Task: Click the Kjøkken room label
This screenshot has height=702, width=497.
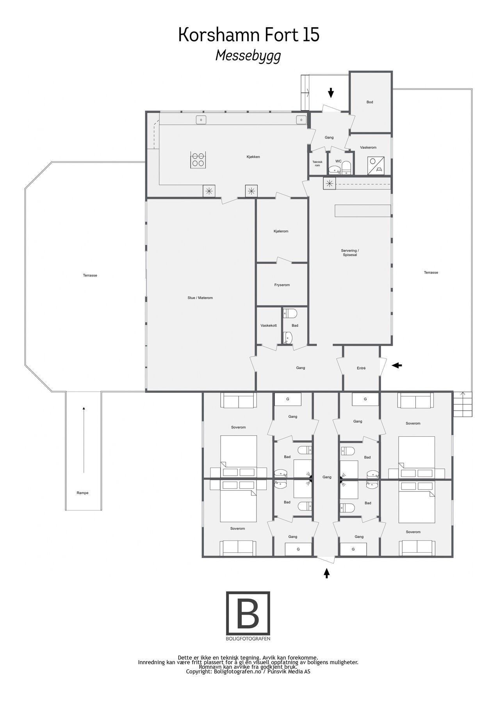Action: point(253,157)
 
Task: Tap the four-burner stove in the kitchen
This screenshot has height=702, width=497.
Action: point(198,160)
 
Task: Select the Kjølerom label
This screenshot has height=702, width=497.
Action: point(281,231)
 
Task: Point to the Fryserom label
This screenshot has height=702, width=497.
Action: point(282,285)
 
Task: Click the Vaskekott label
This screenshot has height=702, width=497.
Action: point(269,326)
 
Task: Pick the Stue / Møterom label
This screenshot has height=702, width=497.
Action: point(200,298)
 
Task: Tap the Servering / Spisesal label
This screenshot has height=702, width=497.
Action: point(349,253)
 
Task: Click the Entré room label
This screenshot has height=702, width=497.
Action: point(361,368)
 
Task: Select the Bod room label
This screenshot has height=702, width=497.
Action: point(370,102)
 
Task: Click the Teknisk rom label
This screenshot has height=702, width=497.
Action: point(317,163)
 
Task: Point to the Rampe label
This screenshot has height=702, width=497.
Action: point(82,493)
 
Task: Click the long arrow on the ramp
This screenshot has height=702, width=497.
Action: point(84,440)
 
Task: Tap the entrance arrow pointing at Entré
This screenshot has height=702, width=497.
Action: point(397,365)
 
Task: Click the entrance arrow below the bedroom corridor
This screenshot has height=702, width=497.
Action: point(327,573)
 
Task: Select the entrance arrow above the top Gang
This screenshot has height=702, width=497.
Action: point(331,93)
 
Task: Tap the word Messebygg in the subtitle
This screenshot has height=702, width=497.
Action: point(248,56)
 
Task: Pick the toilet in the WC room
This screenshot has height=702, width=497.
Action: point(346,168)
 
